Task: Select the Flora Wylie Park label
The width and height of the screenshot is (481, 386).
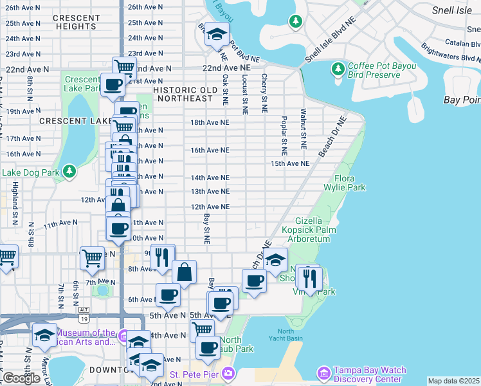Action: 350,183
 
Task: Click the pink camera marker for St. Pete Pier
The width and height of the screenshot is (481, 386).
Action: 228,374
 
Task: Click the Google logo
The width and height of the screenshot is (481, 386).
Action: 21,378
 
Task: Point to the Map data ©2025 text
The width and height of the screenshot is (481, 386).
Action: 453,381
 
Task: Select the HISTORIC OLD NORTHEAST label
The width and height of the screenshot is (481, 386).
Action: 183,94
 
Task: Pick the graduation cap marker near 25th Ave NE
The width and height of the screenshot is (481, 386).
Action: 217,34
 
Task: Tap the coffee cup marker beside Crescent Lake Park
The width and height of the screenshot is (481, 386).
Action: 113,84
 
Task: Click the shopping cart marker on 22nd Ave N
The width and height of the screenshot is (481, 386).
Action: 124,66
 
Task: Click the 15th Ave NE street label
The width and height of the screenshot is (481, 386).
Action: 290,164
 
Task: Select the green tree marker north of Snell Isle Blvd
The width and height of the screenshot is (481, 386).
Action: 295,22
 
